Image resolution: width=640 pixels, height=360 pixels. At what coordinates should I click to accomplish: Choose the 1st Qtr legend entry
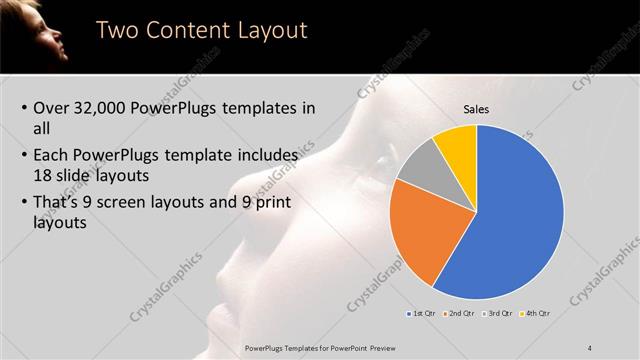click(x=421, y=313)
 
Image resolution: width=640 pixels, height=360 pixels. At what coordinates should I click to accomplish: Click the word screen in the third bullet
click(x=146, y=203)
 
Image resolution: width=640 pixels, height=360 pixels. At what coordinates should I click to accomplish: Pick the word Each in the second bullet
click(x=52, y=156)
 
